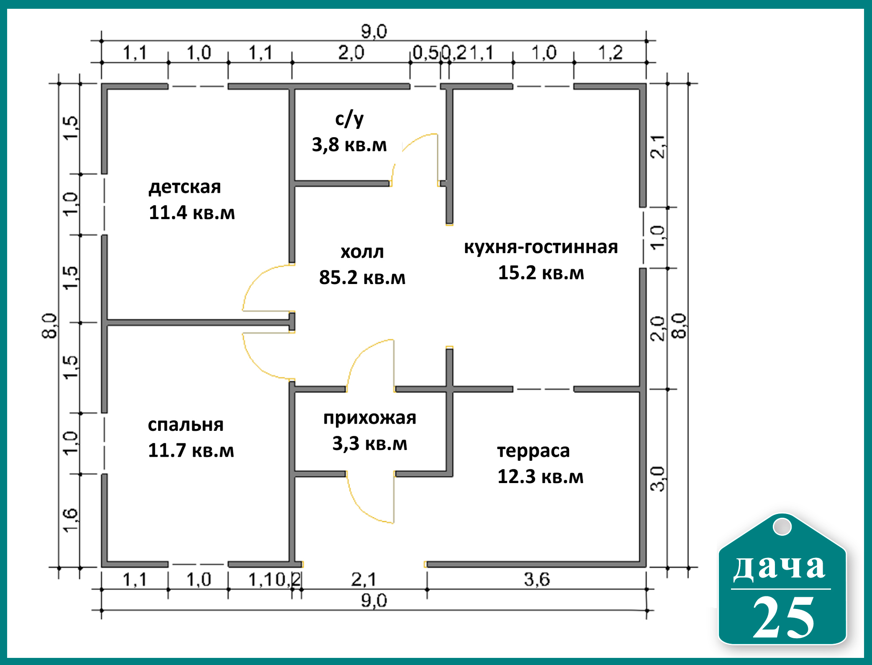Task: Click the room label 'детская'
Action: [x=185, y=187]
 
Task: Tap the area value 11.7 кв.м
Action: [x=191, y=450]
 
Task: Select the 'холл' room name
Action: [x=362, y=252]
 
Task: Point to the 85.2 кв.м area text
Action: [x=362, y=277]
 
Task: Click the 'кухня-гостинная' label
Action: [x=541, y=247]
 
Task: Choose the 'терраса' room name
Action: [x=533, y=451]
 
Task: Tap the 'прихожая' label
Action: [x=369, y=418]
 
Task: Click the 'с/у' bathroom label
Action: [x=349, y=119]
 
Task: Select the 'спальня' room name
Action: [x=185, y=425]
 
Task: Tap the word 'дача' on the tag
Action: [x=779, y=567]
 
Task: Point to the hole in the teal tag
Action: [x=782, y=527]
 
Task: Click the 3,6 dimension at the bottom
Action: [x=537, y=579]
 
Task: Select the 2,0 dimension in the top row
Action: [x=351, y=53]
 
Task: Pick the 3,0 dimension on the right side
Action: [x=658, y=478]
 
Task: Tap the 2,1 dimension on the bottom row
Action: [x=364, y=579]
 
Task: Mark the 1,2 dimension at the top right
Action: [x=610, y=53]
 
